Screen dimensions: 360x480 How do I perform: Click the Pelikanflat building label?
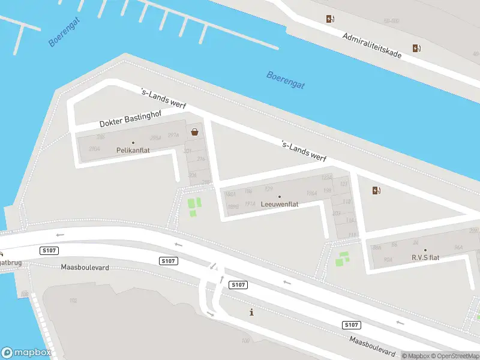coord(133,151)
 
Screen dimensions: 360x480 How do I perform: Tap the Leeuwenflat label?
coord(280,204)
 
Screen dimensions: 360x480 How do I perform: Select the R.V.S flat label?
coord(425,257)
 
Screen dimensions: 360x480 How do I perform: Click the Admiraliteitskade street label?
coord(372,45)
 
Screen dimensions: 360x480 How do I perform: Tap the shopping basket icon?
coord(194,132)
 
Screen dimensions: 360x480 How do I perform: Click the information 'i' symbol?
coord(251,312)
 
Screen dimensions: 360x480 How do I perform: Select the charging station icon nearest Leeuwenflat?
coord(376,191)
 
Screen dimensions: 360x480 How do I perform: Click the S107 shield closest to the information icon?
coord(238,284)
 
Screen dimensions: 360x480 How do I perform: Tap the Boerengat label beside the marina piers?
coord(64,33)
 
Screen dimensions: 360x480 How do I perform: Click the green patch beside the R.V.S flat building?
coord(343,259)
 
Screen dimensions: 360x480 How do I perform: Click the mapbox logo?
coord(26,353)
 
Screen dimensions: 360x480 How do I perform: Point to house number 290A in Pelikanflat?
coord(94,148)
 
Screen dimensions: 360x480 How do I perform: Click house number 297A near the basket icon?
coord(173,135)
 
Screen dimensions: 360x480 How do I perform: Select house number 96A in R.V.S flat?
coord(458,247)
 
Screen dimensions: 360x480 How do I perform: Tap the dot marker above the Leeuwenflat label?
coord(280,196)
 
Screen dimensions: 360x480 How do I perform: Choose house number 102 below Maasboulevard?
coord(73,300)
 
